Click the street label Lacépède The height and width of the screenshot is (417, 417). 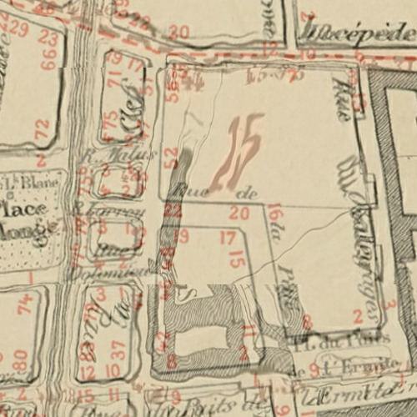pyautogui.click(x=355, y=34)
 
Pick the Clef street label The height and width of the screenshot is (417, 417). pyautogui.click(x=130, y=122)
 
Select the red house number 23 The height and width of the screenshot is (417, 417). pyautogui.click(x=48, y=39)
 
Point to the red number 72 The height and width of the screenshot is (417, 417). pyautogui.click(x=42, y=129)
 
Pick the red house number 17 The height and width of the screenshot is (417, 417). pyautogui.click(x=227, y=239)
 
